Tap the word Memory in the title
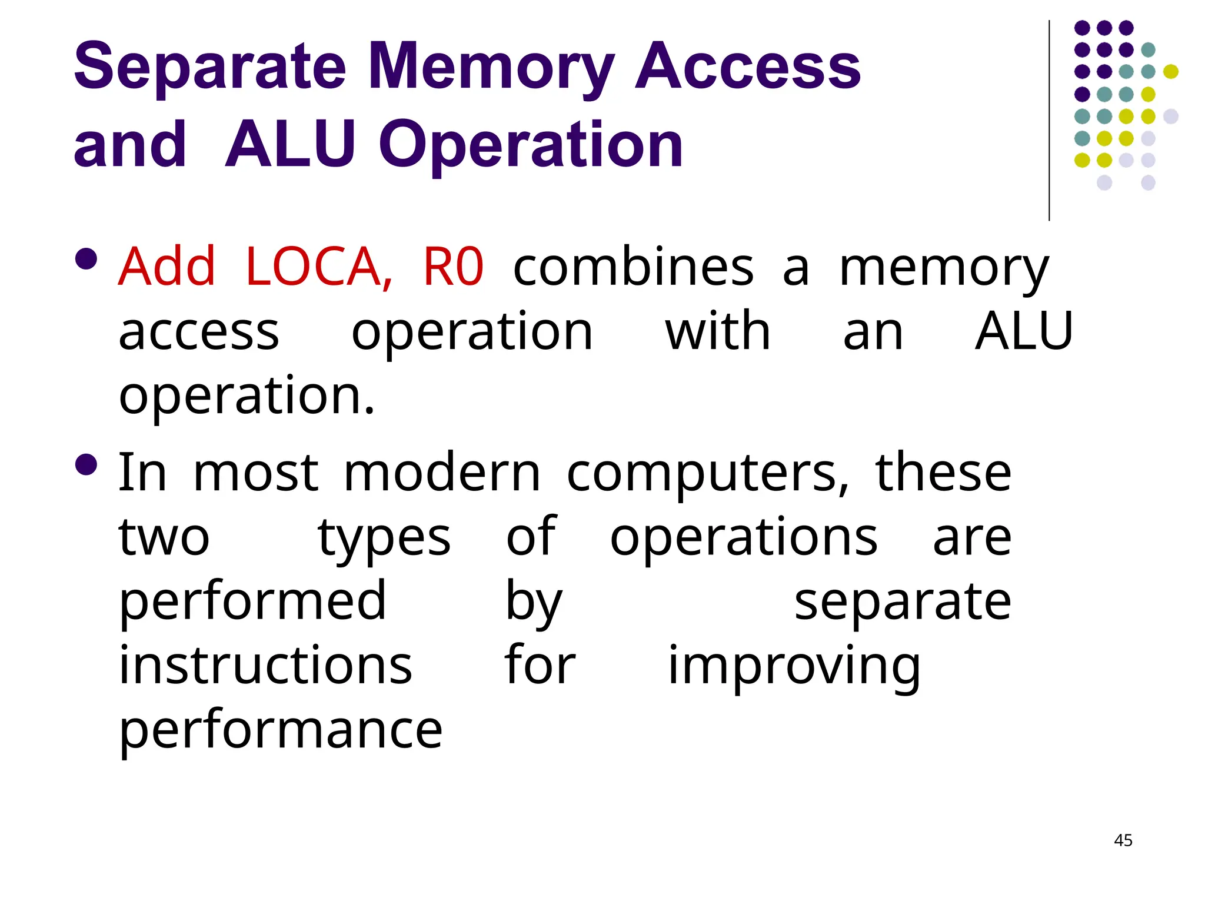pyautogui.click(x=491, y=68)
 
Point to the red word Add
pyautogui.click(x=167, y=267)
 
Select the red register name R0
pyautogui.click(x=453, y=267)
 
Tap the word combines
pyautogui.click(x=633, y=267)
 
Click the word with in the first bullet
pyautogui.click(x=718, y=331)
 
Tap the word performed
pyautogui.click(x=252, y=602)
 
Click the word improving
pyautogui.click(x=794, y=667)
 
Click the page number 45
pyautogui.click(x=1123, y=840)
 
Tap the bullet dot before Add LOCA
pyautogui.click(x=86, y=258)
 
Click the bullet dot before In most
pyautogui.click(x=86, y=464)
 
